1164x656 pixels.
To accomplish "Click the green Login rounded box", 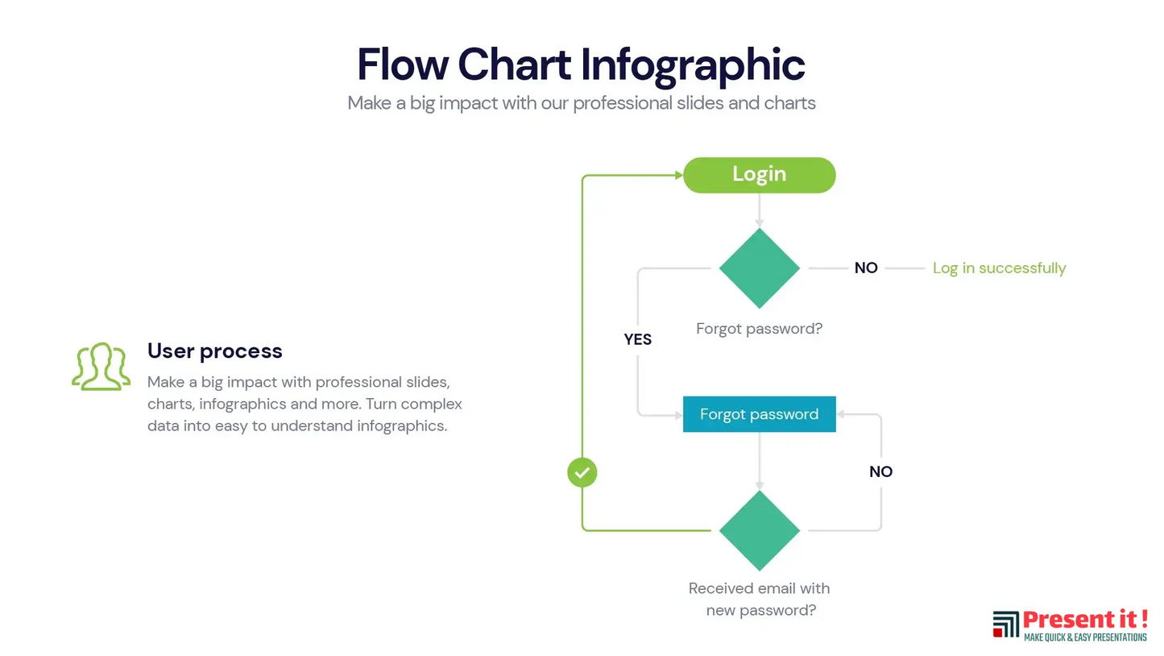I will click(759, 175).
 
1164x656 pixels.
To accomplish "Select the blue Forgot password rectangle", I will click(759, 414).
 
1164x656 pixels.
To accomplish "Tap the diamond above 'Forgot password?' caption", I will click(759, 268).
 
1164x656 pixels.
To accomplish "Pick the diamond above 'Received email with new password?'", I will click(759, 530).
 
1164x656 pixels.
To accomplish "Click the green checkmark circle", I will click(582, 472).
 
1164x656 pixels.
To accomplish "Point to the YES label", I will click(637, 339).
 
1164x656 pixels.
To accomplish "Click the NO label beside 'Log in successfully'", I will click(866, 268).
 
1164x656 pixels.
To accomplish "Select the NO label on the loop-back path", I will click(880, 471).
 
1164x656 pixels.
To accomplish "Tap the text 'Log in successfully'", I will click(999, 268).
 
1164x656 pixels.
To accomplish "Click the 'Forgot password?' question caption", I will click(759, 329).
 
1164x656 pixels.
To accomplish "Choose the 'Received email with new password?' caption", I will click(760, 600).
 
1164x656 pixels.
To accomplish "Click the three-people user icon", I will click(101, 367).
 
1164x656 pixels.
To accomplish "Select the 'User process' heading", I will click(214, 351).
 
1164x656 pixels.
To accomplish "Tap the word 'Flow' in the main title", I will click(402, 64).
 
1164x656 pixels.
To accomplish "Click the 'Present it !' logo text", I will click(1084, 620).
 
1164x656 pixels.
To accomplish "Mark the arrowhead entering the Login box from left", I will click(677, 175).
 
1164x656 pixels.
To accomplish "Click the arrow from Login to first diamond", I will click(759, 210).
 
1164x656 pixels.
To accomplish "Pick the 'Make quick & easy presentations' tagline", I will click(1084, 637).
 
